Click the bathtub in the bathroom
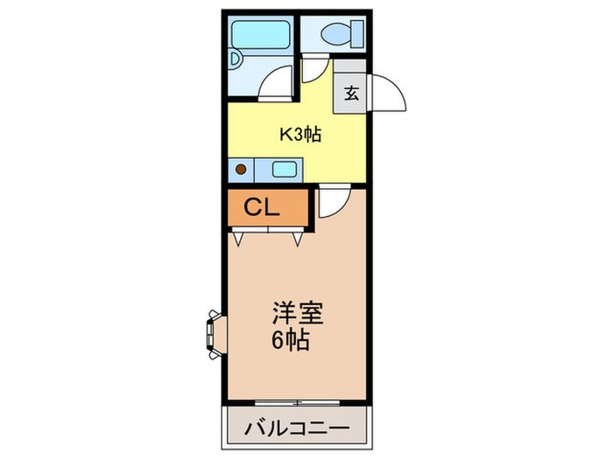tap(261, 35)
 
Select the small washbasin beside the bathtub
tap(236, 59)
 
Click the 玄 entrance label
tap(351, 94)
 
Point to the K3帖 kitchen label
tap(300, 135)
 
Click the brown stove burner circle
tap(241, 170)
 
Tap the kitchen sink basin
tap(284, 170)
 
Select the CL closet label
tap(262, 207)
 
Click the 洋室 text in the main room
tap(299, 313)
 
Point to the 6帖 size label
tap(291, 340)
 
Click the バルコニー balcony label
tap(297, 428)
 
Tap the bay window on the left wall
tap(215, 334)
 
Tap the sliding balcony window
tap(297, 402)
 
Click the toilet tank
tap(357, 34)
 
